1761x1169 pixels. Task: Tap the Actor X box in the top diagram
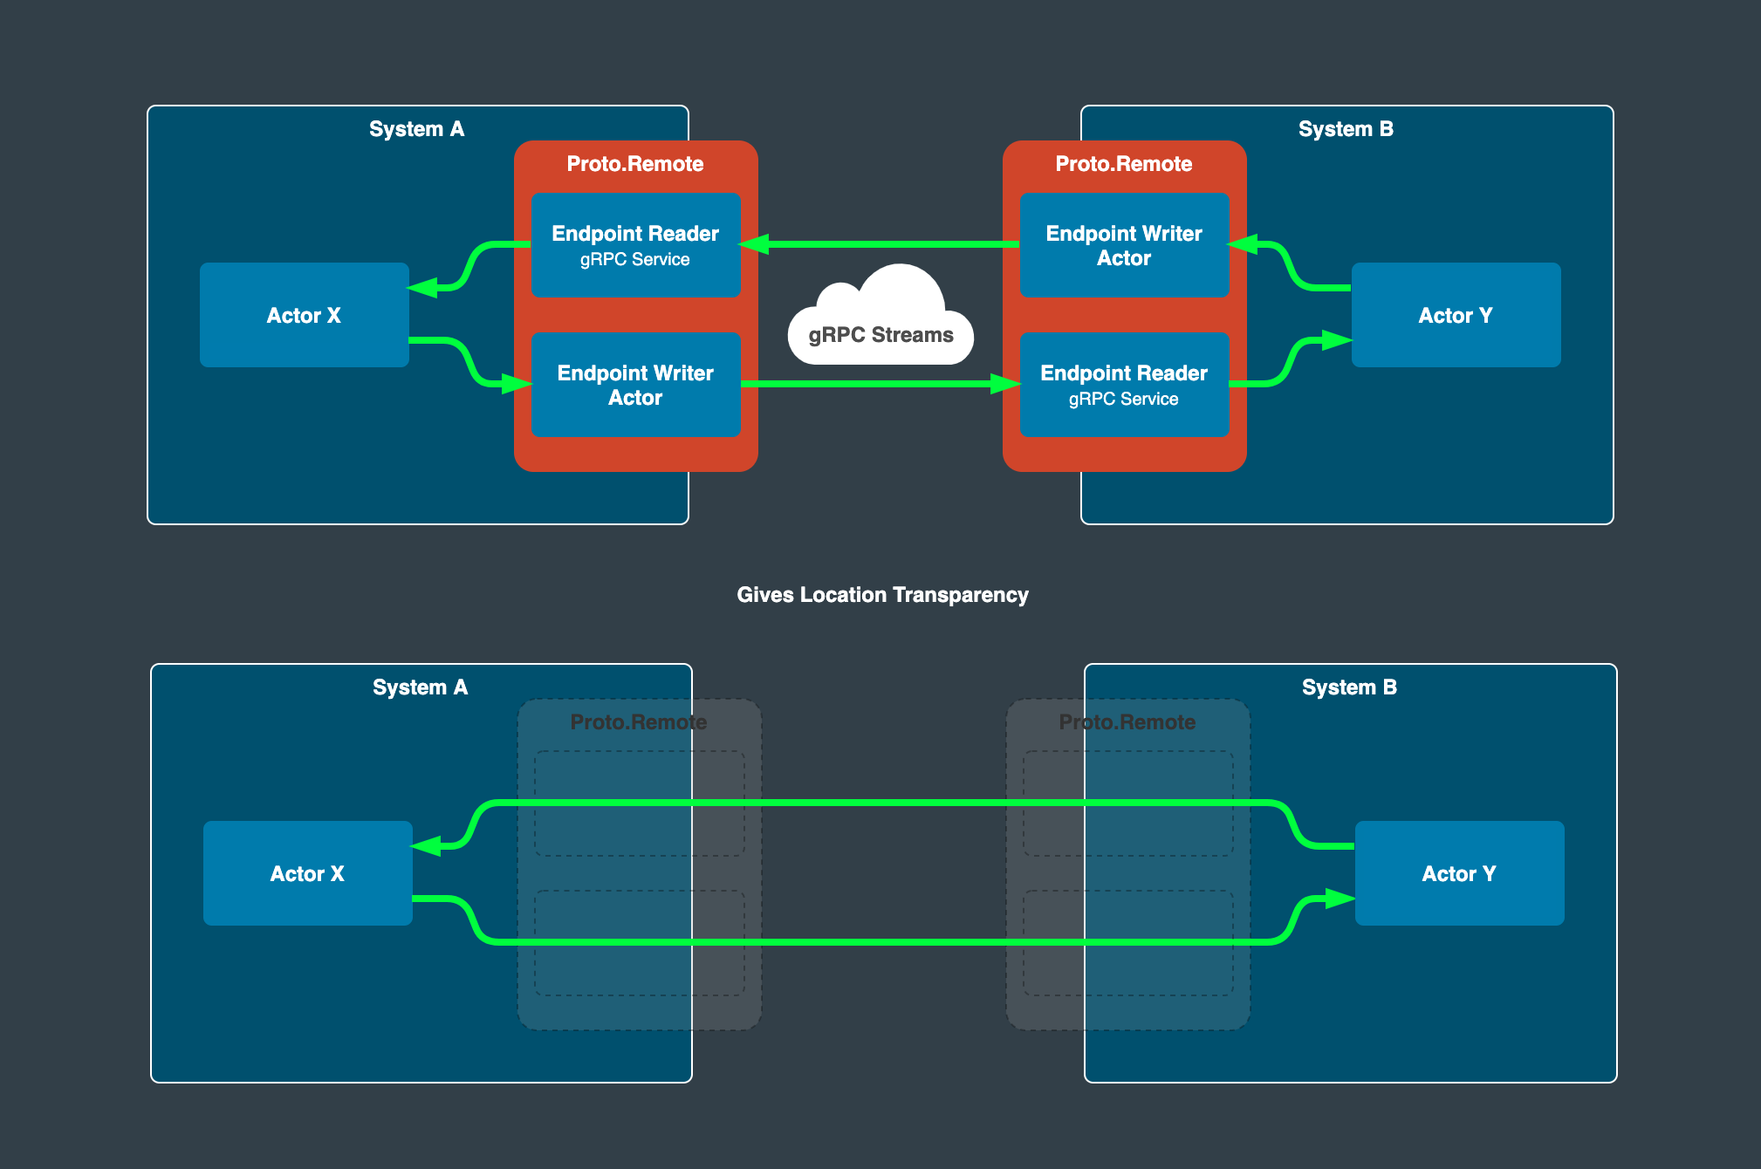304,315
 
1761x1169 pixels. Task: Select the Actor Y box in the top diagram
1456,315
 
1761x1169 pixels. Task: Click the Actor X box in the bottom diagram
307,873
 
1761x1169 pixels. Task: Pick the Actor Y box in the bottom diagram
1459,873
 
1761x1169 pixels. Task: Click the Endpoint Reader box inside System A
635,245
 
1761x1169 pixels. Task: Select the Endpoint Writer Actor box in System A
635,385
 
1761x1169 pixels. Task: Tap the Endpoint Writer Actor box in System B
1124,245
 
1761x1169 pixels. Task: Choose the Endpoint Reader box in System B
1124,385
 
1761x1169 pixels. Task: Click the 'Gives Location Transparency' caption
882,595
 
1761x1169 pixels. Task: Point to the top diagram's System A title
416,129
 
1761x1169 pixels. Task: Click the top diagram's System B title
1346,129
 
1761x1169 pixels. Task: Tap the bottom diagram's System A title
420,687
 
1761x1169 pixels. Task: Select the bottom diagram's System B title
1349,687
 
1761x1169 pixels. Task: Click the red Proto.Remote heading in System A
635,164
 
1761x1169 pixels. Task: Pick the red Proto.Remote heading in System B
1124,164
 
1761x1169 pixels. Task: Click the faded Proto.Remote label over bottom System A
639,722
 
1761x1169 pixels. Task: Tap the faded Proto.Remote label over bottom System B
1127,722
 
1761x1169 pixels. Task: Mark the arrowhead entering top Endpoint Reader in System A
754,244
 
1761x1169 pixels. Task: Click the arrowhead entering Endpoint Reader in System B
1006,384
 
